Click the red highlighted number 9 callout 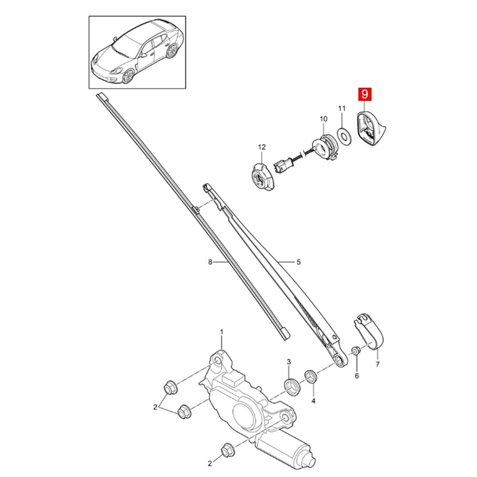364,94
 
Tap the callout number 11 342,109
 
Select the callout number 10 323,119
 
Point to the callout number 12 262,147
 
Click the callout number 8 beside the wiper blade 210,262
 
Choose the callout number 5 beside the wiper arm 299,262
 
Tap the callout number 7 377,364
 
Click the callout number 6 357,376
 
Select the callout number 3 289,362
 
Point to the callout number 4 314,401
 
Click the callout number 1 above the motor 221,332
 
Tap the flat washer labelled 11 345,135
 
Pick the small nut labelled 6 355,351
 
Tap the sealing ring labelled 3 292,386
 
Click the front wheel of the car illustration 128,76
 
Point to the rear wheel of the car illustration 172,51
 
